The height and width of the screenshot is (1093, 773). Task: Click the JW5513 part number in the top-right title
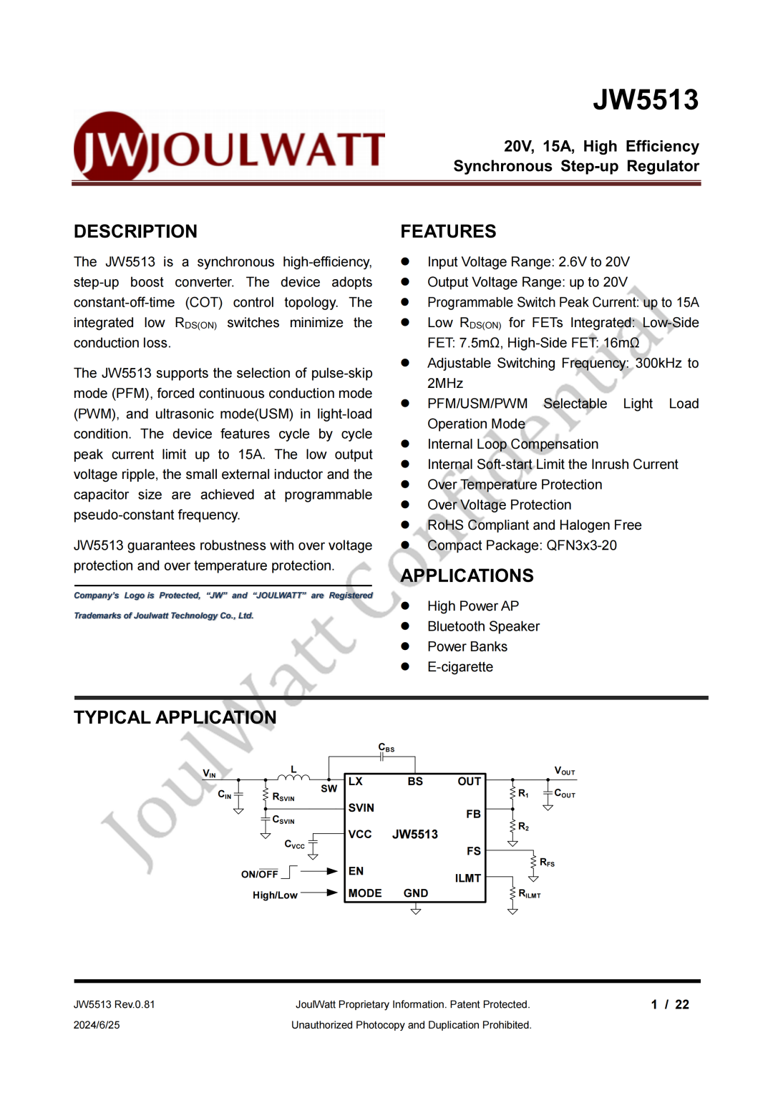click(x=646, y=100)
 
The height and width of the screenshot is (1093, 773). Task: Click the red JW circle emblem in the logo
click(x=111, y=147)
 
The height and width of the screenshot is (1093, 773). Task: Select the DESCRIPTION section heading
click(x=135, y=231)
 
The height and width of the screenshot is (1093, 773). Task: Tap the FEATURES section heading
click(x=448, y=231)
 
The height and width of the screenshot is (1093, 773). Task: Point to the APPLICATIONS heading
click(x=467, y=575)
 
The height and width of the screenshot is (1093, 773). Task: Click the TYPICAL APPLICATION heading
click(x=175, y=717)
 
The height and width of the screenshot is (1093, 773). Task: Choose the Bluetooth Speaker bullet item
click(x=483, y=626)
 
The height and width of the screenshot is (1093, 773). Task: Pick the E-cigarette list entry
click(x=460, y=667)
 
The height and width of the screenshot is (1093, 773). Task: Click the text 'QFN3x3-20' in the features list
click(x=581, y=545)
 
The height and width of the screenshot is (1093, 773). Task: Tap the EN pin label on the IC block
click(x=356, y=871)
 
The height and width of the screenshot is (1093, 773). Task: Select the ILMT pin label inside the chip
click(x=467, y=878)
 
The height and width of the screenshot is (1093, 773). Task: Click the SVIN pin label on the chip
click(x=361, y=808)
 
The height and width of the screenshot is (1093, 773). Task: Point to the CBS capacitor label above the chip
click(x=386, y=748)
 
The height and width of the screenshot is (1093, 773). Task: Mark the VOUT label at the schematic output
click(x=565, y=771)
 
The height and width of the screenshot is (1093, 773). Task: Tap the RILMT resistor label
click(x=530, y=894)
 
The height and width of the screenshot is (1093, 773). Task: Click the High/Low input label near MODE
click(x=275, y=895)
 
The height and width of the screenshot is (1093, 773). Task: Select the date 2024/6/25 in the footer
click(x=97, y=1025)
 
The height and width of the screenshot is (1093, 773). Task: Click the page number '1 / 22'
click(x=670, y=1004)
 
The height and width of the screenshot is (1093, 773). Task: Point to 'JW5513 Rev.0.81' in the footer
click(x=115, y=1004)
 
